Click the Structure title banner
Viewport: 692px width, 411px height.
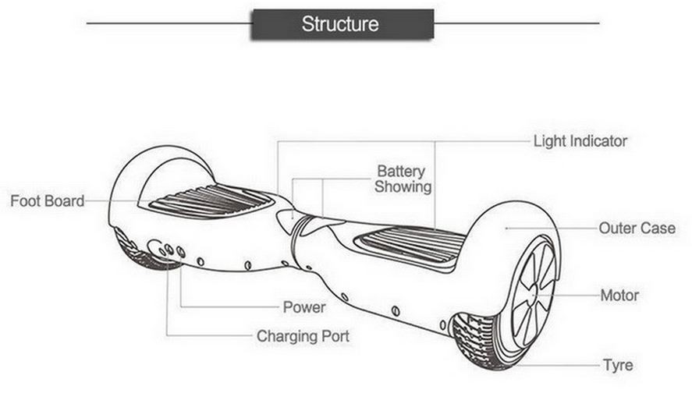pos(341,24)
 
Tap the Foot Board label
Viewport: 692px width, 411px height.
pos(47,201)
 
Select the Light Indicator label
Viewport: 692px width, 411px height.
pos(580,141)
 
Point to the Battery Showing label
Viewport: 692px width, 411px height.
pos(403,179)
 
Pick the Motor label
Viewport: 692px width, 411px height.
pos(619,296)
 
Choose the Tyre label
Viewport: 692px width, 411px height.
pos(617,365)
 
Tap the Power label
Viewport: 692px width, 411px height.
pos(303,307)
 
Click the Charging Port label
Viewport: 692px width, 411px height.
pos(303,337)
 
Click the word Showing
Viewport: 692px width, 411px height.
pos(403,187)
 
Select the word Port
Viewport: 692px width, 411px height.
pos(335,337)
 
